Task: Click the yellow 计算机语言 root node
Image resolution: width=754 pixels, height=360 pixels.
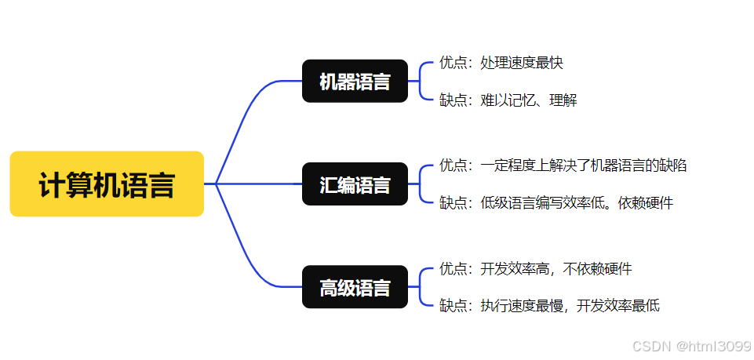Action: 107,184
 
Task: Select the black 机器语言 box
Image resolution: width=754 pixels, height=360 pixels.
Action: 355,81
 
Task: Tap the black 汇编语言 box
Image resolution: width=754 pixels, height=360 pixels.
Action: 355,184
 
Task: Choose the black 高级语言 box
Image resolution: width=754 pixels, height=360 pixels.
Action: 355,287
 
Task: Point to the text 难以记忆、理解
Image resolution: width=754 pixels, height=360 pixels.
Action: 529,100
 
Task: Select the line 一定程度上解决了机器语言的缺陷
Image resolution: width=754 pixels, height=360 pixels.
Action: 584,165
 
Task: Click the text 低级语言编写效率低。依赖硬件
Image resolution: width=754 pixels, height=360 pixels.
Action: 577,203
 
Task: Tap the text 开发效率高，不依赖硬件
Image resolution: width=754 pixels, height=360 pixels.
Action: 556,269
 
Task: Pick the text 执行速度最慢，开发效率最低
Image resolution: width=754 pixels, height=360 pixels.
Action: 570,306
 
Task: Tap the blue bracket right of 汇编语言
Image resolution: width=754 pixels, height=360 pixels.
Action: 421,184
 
